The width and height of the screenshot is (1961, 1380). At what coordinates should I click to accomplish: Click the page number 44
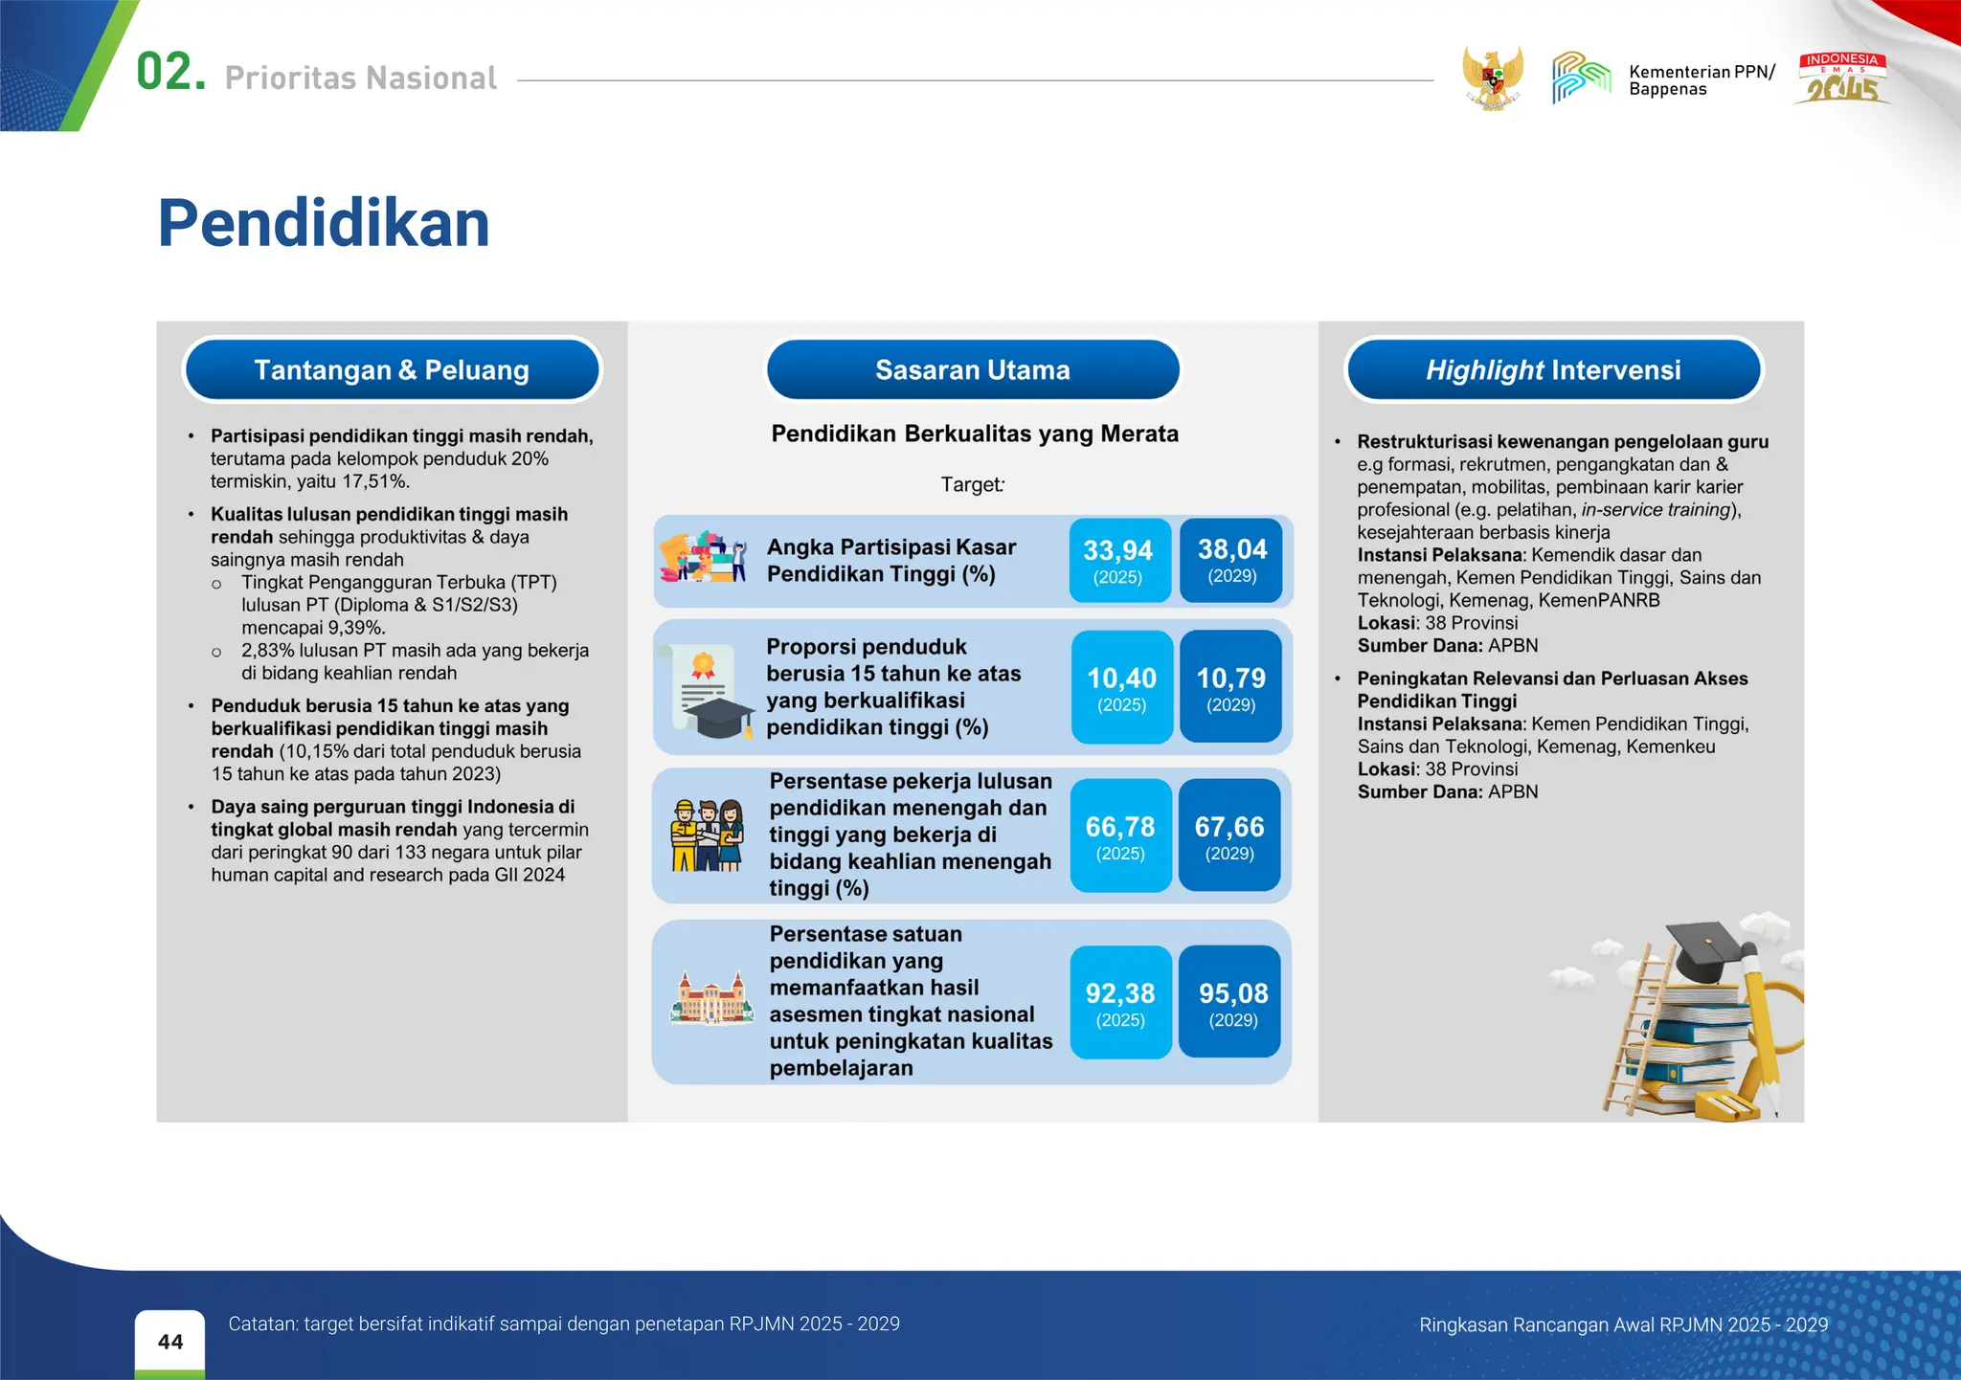pyautogui.click(x=170, y=1342)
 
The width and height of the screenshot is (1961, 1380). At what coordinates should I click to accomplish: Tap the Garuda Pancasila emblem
pyautogui.click(x=1492, y=78)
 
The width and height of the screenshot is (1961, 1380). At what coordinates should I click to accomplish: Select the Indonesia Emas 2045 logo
pyautogui.click(x=1842, y=78)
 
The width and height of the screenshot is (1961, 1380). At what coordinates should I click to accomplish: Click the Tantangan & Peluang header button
pyautogui.click(x=392, y=370)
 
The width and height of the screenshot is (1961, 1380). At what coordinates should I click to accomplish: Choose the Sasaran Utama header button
pyautogui.click(x=972, y=370)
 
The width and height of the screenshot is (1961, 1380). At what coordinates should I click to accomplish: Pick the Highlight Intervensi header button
pyautogui.click(x=1553, y=370)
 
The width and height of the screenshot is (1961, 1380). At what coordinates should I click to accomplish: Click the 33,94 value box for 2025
pyautogui.click(x=1118, y=561)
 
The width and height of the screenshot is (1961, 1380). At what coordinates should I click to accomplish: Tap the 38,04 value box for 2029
pyautogui.click(x=1231, y=560)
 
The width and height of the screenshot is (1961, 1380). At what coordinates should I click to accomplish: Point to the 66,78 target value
pyautogui.click(x=1120, y=835)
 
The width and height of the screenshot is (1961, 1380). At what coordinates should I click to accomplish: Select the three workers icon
pyautogui.click(x=707, y=835)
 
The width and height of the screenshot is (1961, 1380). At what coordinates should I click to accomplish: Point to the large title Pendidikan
pyautogui.click(x=324, y=224)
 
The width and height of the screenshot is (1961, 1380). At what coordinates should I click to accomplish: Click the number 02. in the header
pyautogui.click(x=170, y=73)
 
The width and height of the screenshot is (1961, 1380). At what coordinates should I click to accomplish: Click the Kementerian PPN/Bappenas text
pyautogui.click(x=1701, y=80)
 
